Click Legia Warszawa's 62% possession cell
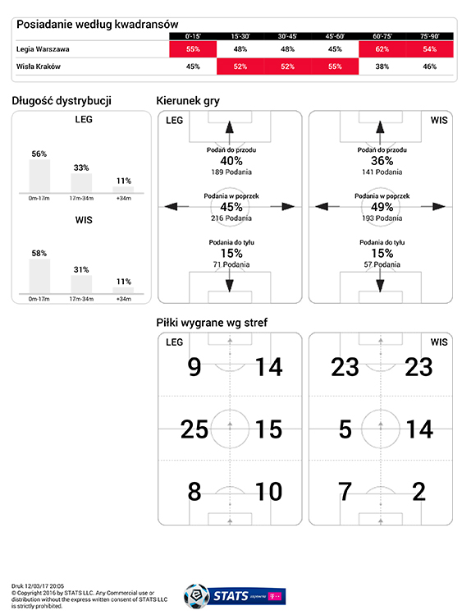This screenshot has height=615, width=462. pyautogui.click(x=382, y=49)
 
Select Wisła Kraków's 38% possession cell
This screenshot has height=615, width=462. pyautogui.click(x=382, y=67)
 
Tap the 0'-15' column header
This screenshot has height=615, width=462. pyautogui.click(x=193, y=36)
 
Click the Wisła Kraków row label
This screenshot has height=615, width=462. pyautogui.click(x=39, y=67)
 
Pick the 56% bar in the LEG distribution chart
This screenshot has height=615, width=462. pyautogui.click(x=39, y=176)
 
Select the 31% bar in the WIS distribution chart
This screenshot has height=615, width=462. pyautogui.click(x=81, y=284)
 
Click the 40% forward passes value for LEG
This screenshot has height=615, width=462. pyautogui.click(x=231, y=161)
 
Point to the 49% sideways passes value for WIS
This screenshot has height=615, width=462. pyautogui.click(x=382, y=207)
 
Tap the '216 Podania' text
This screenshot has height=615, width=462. pyautogui.click(x=231, y=218)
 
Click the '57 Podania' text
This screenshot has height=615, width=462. pyautogui.click(x=382, y=264)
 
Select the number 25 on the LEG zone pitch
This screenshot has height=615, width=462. pyautogui.click(x=194, y=429)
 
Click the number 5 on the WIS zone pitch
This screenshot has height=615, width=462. pyautogui.click(x=345, y=429)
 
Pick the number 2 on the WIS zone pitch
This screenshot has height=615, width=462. pyautogui.click(x=419, y=492)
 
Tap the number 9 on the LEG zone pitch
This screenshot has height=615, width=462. pyautogui.click(x=194, y=367)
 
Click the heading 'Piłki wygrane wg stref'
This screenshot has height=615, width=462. pyautogui.click(x=212, y=323)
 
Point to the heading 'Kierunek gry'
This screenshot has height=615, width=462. pyautogui.click(x=188, y=101)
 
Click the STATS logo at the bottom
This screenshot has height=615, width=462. pyautogui.click(x=235, y=597)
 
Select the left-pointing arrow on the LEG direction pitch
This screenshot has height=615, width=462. pyautogui.click(x=176, y=206)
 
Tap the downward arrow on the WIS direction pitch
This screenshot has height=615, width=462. pyautogui.click(x=380, y=280)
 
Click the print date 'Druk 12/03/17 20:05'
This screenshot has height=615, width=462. pyautogui.click(x=38, y=586)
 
